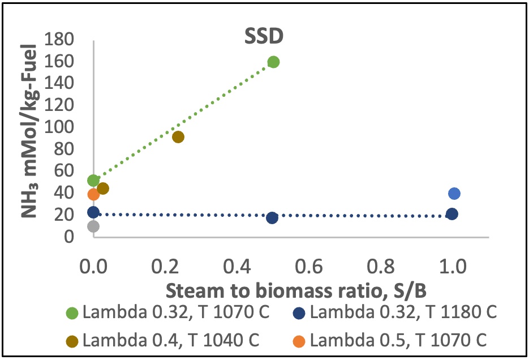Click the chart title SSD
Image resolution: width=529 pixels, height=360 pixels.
tap(263, 36)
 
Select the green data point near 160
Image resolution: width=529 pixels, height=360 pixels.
tap(273, 62)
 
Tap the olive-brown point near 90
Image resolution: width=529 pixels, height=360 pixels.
tap(178, 137)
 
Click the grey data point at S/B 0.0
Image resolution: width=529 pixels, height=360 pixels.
tap(93, 226)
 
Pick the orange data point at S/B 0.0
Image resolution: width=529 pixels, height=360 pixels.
tap(93, 195)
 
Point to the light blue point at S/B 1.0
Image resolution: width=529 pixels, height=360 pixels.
tap(454, 194)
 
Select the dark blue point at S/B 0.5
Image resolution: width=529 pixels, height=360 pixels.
tap(272, 218)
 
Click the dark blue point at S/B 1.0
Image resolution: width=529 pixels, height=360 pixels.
tap(452, 214)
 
